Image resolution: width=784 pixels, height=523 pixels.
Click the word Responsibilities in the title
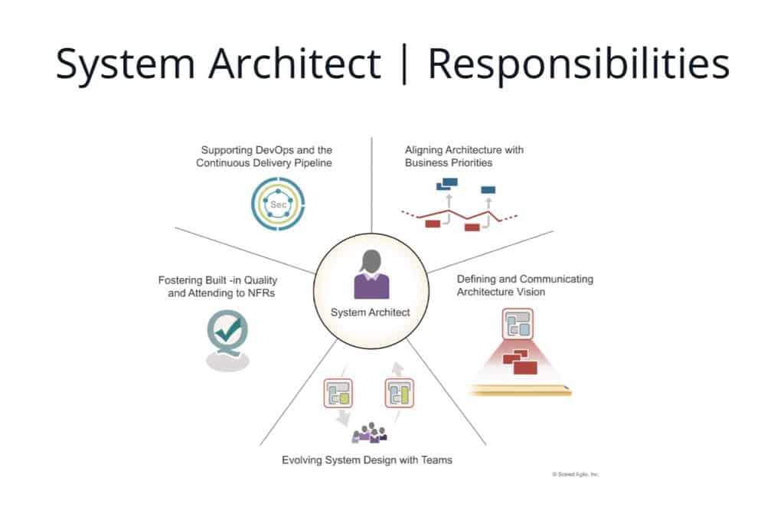578,65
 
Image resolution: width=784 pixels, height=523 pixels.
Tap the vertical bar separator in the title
404,64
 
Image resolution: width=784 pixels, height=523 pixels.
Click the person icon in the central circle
371,274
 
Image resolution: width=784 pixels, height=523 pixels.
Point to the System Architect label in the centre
371,312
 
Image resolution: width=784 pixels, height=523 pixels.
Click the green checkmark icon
228,332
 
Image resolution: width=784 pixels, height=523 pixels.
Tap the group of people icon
369,433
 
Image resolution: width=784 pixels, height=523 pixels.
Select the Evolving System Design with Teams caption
367,460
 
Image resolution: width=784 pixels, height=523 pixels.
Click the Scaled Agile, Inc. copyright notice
576,475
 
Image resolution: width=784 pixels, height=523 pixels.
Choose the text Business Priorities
449,163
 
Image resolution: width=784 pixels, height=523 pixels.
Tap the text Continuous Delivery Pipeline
264,163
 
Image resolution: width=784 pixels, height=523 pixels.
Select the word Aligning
425,150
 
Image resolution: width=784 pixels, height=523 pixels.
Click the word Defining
477,279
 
